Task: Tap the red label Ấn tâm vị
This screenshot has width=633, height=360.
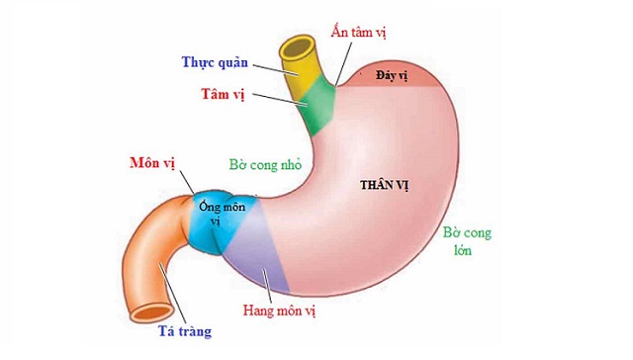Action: [358, 31]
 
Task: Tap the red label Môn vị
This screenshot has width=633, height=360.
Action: [153, 160]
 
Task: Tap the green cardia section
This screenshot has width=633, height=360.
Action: [316, 109]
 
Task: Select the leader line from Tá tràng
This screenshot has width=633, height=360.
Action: [164, 297]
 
